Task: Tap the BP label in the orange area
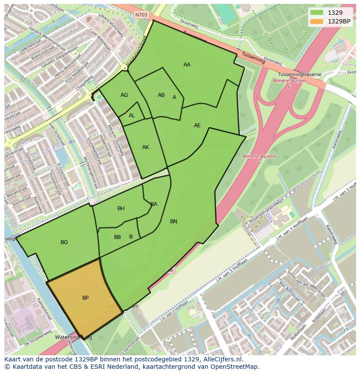[x=86, y=298]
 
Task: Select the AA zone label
[x=187, y=65]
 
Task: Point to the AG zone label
[x=124, y=95]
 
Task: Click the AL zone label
[x=132, y=116]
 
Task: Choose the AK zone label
[x=146, y=147]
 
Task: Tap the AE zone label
[x=197, y=126]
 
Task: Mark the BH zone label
[x=121, y=209]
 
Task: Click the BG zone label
[x=64, y=242]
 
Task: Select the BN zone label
[x=173, y=222]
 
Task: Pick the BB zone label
[x=117, y=237]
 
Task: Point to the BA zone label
[x=154, y=204]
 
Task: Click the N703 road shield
[x=141, y=15]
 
